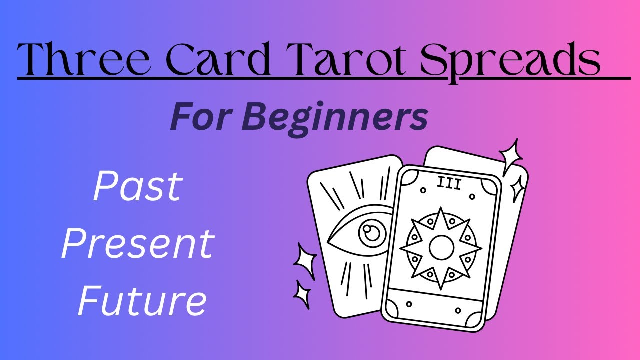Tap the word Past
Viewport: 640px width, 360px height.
click(138, 186)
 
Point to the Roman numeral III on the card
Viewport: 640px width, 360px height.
click(448, 183)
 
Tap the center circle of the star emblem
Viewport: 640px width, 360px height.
click(441, 247)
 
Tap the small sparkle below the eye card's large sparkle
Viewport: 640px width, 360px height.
click(301, 295)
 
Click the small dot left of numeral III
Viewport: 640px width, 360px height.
click(423, 190)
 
